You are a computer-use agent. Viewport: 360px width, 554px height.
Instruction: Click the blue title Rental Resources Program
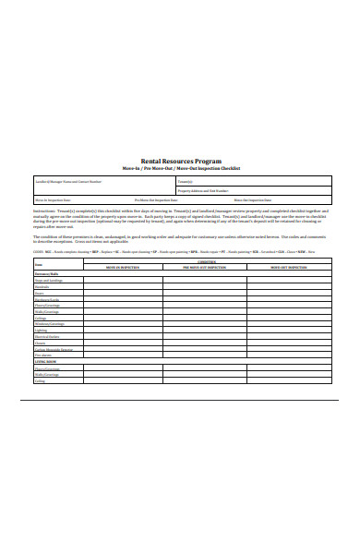coord(180,160)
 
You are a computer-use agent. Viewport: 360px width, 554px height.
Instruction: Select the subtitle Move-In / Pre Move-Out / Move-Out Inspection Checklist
coord(180,167)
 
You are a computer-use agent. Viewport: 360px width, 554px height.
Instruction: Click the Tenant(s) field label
coord(186,182)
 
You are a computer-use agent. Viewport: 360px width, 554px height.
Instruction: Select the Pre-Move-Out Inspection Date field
coord(157,199)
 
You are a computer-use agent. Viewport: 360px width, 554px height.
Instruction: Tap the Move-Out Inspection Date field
coord(253,199)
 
